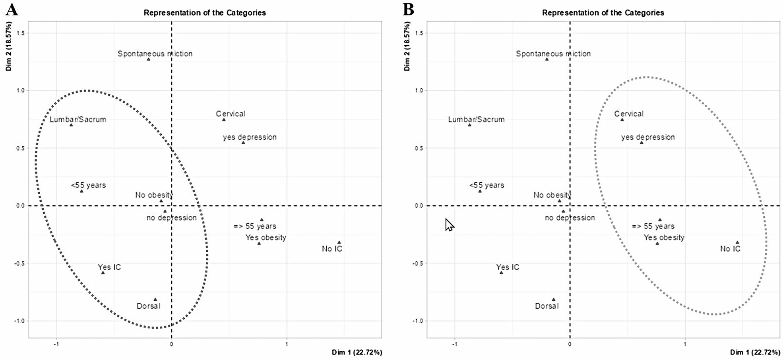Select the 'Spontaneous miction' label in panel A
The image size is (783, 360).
tap(155, 54)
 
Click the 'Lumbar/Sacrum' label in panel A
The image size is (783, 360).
tap(78, 119)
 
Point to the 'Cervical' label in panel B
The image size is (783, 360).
tap(629, 114)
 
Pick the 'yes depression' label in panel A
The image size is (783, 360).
tap(250, 137)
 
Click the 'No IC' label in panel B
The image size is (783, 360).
tap(731, 249)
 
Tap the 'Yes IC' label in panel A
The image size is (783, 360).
tap(109, 267)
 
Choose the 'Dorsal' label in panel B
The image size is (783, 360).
tap(547, 306)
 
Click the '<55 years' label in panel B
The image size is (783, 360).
tap(486, 185)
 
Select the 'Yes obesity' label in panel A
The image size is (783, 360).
tap(266, 238)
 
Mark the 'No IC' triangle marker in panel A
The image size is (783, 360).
tap(339, 242)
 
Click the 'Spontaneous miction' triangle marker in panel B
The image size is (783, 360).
tap(547, 59)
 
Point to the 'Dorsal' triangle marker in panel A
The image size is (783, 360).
tap(155, 300)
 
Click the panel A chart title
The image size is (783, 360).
tap(205, 13)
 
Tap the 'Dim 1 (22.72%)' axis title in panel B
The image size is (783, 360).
tap(755, 352)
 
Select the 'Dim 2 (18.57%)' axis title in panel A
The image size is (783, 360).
tap(9, 46)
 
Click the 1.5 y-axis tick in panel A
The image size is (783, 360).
tap(20, 33)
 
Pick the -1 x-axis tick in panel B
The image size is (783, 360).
tap(455, 344)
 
